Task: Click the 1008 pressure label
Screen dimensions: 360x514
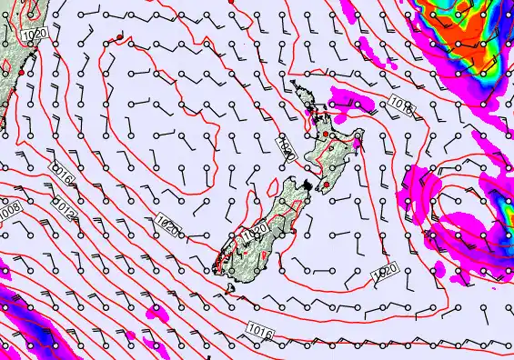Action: (x=10, y=210)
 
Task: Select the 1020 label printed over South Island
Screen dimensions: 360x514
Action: (x=254, y=233)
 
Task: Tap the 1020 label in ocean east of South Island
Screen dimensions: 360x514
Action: (x=385, y=272)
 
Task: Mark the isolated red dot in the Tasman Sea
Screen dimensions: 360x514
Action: (x=119, y=36)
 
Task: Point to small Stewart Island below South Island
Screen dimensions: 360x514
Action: (x=231, y=288)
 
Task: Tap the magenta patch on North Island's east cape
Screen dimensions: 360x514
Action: (x=358, y=140)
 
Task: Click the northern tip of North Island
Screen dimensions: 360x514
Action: (x=294, y=84)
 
